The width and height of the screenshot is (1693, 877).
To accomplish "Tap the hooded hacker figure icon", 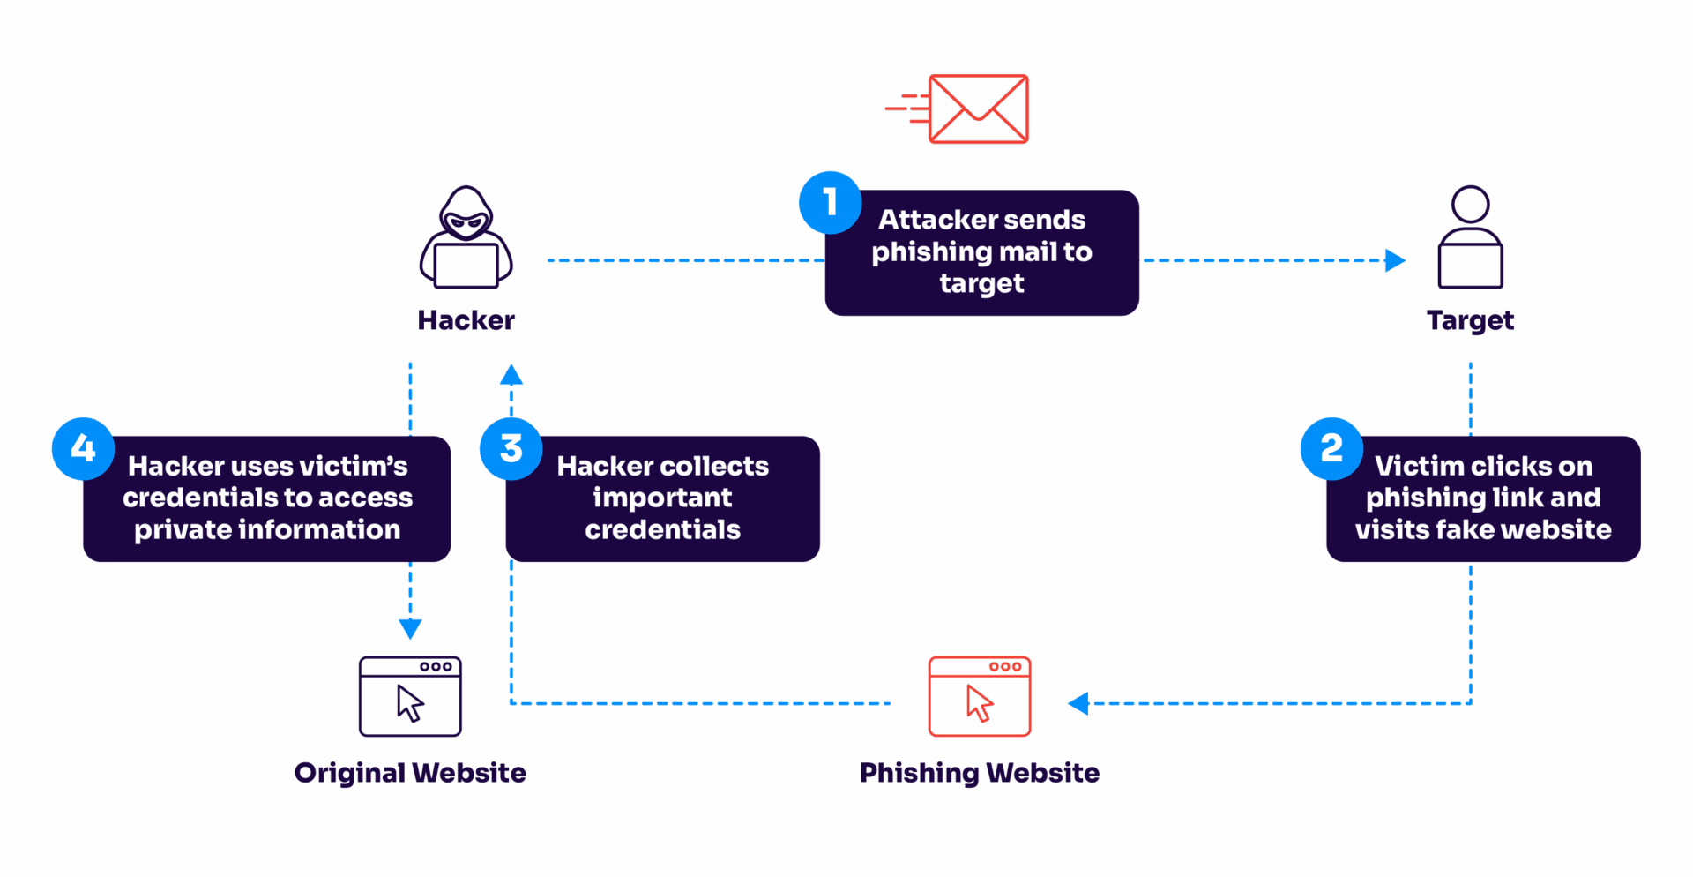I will pyautogui.click(x=466, y=238).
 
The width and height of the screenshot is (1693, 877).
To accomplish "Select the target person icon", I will pyautogui.click(x=1470, y=238).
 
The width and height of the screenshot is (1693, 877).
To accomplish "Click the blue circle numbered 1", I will pyautogui.click(x=830, y=202).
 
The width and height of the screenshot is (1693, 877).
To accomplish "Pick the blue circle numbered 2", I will pyautogui.click(x=1331, y=448).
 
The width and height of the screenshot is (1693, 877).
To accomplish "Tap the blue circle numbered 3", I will pyautogui.click(x=511, y=448).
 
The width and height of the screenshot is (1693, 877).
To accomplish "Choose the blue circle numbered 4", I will pyautogui.click(x=83, y=448).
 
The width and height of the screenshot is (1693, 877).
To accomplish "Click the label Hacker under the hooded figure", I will pyautogui.click(x=466, y=320).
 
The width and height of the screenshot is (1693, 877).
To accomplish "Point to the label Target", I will pyautogui.click(x=1470, y=320).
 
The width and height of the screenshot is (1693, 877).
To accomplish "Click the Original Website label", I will pyautogui.click(x=410, y=773).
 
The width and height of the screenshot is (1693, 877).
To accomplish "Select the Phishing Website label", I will pyautogui.click(x=979, y=773).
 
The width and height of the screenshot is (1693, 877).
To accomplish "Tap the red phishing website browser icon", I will pyautogui.click(x=979, y=696).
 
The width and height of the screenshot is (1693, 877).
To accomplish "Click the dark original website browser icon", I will pyautogui.click(x=410, y=696).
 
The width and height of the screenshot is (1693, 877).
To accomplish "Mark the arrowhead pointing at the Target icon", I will pyautogui.click(x=1395, y=260).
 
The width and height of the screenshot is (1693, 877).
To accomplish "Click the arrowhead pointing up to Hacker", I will pyautogui.click(x=511, y=376).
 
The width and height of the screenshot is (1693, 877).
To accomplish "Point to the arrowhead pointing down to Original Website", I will pyautogui.click(x=410, y=628).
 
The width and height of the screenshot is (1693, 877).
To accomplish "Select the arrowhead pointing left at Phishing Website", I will pyautogui.click(x=1078, y=703).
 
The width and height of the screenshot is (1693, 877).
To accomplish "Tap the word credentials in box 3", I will pyautogui.click(x=662, y=529).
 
